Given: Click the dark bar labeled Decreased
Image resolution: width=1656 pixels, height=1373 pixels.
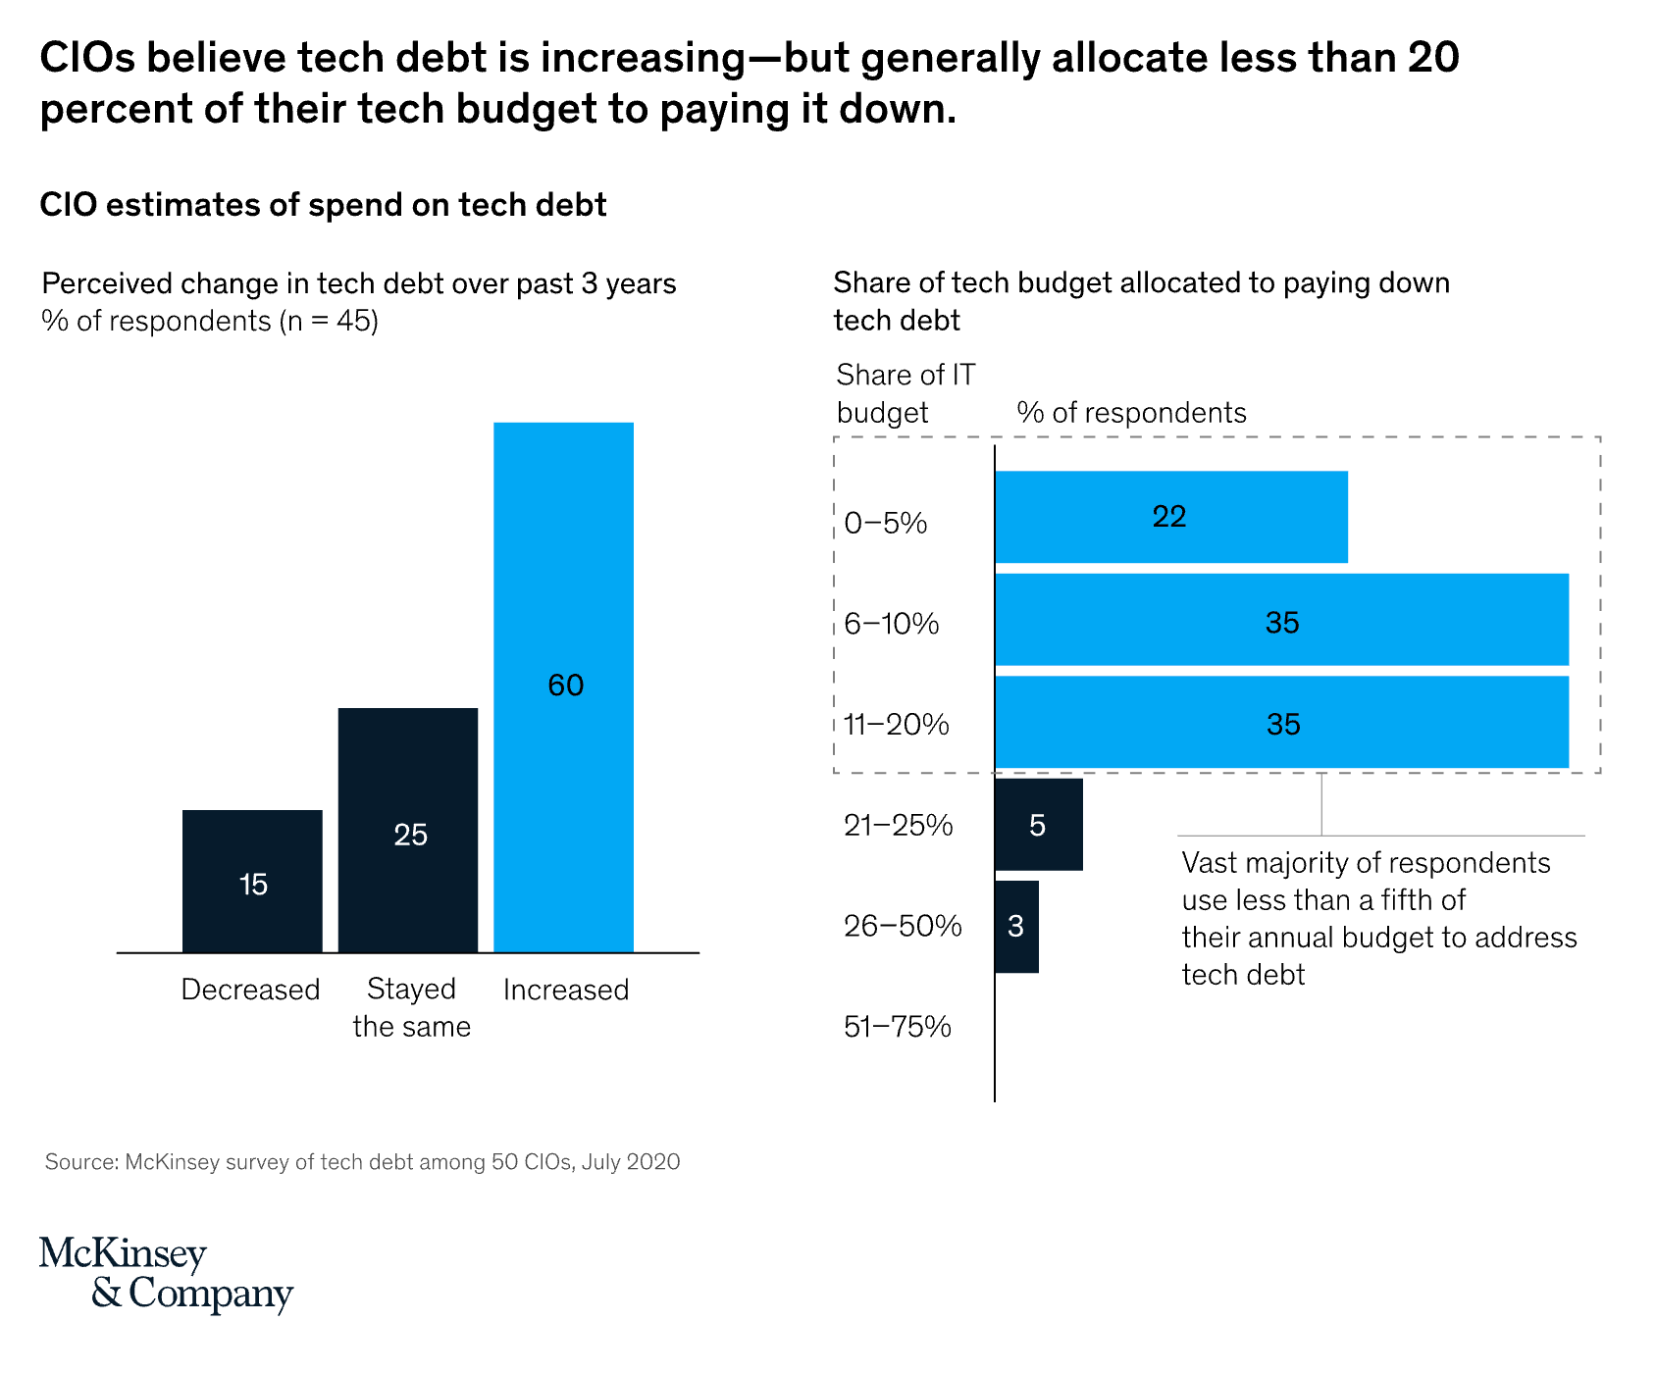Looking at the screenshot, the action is coord(252,881).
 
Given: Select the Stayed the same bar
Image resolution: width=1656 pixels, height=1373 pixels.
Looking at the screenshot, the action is coord(408,830).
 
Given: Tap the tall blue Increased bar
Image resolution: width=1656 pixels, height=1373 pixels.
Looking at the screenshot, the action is coord(564,687).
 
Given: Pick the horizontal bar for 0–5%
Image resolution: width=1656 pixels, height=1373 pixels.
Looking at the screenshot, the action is coord(1171,517).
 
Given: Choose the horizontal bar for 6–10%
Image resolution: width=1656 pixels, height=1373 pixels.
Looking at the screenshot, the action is coord(1282,620).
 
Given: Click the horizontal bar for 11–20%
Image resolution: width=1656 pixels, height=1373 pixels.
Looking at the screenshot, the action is coord(1282,722).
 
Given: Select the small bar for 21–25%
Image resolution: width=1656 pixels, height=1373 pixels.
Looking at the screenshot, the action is coord(1039,825).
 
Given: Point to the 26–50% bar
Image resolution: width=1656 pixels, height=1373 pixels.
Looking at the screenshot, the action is coord(1017,927).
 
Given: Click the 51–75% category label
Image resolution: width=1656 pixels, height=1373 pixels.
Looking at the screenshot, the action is coord(898,1027).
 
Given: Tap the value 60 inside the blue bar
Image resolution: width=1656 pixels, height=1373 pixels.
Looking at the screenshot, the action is coord(566,685).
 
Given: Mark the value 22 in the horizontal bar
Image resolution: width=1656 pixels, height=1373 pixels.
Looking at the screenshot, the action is coord(1169,516).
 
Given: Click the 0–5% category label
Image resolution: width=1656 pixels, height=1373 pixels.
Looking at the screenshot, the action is coord(886,523).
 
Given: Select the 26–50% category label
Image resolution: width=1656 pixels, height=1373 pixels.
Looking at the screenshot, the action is coord(903,926).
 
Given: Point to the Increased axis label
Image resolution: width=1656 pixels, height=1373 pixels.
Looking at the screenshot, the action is coord(566,990).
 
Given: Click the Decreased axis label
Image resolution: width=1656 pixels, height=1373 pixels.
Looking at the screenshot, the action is coord(251,990).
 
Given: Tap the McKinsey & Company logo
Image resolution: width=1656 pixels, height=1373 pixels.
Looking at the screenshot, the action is coord(166,1274).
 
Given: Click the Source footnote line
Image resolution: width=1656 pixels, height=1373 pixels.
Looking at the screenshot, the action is coord(363,1162).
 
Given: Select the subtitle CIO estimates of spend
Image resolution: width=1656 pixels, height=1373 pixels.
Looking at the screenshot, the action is coord(324,205).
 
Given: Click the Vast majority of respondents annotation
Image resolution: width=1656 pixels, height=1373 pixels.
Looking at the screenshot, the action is coord(1379,919).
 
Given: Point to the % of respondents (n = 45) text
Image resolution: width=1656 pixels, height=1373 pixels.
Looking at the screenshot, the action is coord(210,322).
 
